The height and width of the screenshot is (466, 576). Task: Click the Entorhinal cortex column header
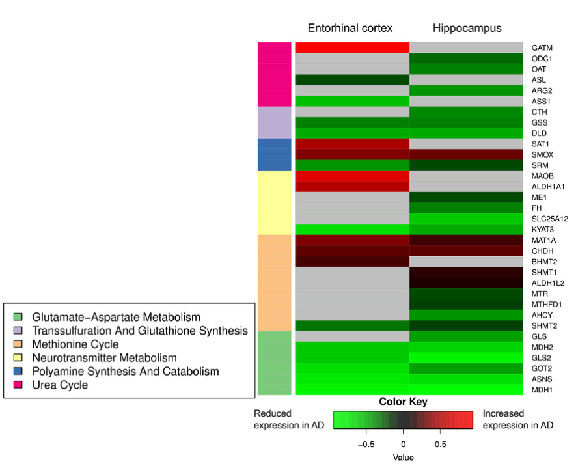click(x=350, y=28)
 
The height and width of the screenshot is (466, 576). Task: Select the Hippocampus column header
click(x=467, y=28)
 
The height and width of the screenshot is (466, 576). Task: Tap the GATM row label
click(x=542, y=48)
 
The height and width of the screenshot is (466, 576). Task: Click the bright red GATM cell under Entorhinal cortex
click(x=352, y=48)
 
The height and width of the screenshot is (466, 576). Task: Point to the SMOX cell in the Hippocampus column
click(x=466, y=155)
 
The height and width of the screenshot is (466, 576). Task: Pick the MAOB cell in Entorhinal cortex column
click(x=352, y=176)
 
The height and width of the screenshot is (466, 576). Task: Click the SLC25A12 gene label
click(x=550, y=219)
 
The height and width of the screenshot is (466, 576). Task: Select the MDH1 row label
click(x=542, y=389)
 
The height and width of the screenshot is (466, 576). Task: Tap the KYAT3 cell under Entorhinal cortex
click(x=352, y=230)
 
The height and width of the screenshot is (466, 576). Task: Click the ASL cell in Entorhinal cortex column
click(x=352, y=80)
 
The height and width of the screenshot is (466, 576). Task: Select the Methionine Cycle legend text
click(x=75, y=344)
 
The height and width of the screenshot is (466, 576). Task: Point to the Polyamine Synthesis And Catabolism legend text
click(x=126, y=372)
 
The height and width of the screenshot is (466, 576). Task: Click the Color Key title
click(x=403, y=402)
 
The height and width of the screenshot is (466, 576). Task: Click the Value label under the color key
click(x=403, y=458)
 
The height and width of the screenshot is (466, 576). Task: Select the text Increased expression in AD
click(x=517, y=419)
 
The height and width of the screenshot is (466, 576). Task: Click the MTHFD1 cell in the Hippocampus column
click(x=466, y=304)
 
